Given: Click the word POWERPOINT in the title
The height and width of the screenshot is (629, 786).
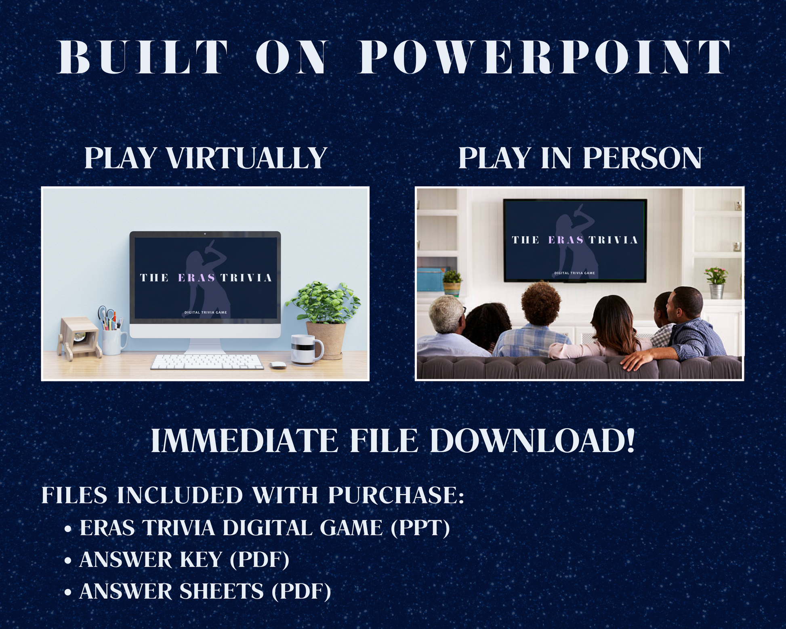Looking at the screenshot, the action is click(544, 57).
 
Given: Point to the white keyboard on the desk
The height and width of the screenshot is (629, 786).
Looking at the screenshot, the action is click(207, 362).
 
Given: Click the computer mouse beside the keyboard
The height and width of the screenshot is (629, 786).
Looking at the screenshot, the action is click(277, 365).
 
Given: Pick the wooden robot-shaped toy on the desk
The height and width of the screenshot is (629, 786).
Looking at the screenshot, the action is click(79, 337).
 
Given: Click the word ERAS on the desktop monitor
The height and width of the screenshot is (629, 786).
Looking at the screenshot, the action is click(197, 278).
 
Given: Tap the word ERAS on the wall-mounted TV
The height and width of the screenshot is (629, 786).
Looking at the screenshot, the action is click(566, 240).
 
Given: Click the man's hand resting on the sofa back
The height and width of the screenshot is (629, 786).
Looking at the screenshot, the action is click(633, 361).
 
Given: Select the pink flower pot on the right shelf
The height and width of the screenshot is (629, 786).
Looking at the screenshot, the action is click(716, 282).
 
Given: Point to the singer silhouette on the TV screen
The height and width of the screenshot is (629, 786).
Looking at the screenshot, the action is click(573, 242).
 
